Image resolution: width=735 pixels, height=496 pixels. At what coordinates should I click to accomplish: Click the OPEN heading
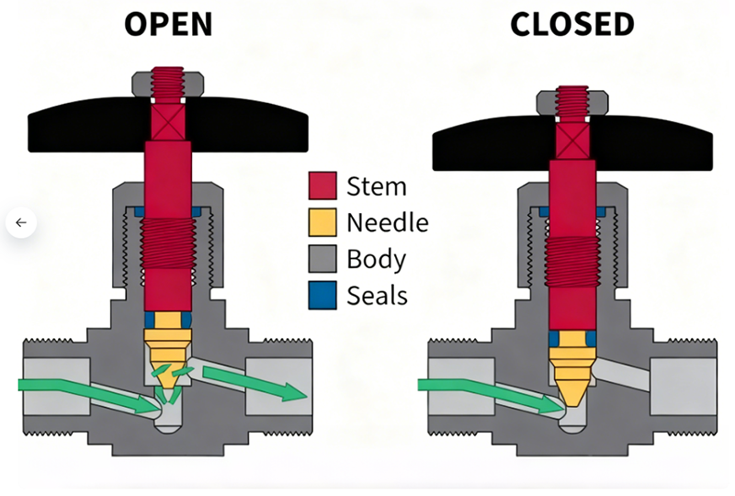tap(168, 24)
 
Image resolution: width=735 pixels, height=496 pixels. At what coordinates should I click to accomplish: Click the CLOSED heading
tap(572, 24)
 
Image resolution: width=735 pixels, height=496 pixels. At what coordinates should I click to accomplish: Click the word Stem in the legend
tap(376, 186)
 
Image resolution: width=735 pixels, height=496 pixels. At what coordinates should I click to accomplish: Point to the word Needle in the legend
tap(388, 222)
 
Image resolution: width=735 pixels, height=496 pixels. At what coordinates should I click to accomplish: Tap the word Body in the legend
tap(376, 259)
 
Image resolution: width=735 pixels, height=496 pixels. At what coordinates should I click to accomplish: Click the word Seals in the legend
tap(378, 296)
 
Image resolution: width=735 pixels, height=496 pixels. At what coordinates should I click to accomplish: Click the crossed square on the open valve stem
tap(168, 121)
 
